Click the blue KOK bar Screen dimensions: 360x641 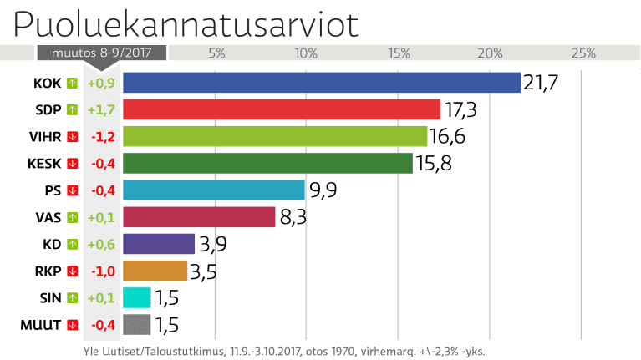[322, 82]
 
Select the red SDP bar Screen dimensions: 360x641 [282, 109]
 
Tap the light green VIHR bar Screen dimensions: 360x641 [275, 136]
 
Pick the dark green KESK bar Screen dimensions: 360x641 [267, 163]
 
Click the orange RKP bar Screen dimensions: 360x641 [155, 271]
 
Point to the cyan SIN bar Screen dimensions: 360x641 [137, 297]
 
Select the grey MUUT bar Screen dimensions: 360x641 [137, 324]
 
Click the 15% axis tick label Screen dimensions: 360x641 [399, 53]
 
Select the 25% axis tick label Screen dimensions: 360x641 [582, 53]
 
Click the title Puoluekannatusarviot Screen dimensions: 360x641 [186, 23]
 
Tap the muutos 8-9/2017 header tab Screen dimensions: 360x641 [101, 53]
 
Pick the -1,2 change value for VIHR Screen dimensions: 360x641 [102, 136]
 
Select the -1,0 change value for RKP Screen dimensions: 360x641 [102, 271]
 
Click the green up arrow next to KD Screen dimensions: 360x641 [73, 244]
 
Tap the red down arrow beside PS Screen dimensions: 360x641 [73, 190]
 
